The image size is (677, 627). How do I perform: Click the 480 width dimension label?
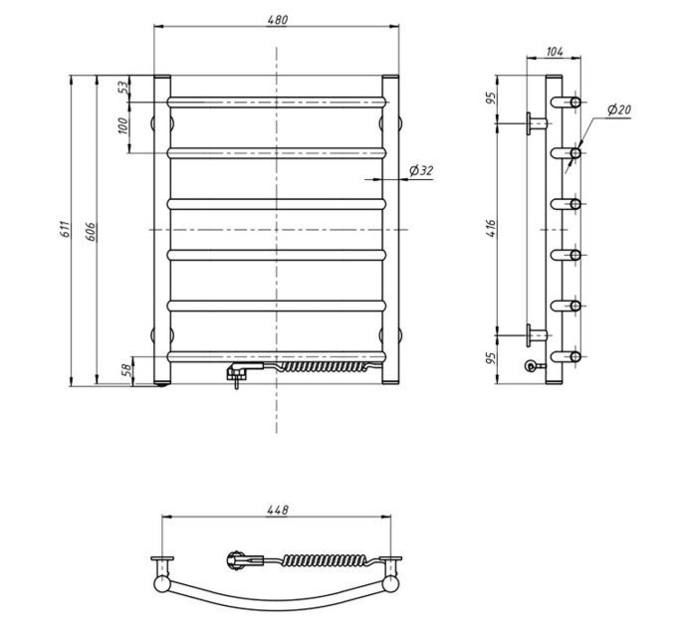277,20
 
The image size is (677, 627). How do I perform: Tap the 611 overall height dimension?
65,229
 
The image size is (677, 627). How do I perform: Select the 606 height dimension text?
91,231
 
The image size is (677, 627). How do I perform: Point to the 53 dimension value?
123,88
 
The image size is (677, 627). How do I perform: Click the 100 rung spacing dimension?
123,125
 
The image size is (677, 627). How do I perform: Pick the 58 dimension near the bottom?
127,370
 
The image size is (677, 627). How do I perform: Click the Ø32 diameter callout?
421,171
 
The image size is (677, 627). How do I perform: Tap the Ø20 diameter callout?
619,110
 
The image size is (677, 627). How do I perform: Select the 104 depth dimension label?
555,52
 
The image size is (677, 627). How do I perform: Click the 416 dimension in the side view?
491,228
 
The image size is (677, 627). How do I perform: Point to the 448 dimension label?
277,510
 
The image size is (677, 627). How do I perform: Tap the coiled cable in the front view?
325,367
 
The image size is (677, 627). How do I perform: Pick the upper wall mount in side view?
537,123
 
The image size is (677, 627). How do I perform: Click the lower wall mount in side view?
537,335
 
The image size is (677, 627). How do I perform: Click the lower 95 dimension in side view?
491,358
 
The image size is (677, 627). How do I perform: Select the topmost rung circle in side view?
575,103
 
